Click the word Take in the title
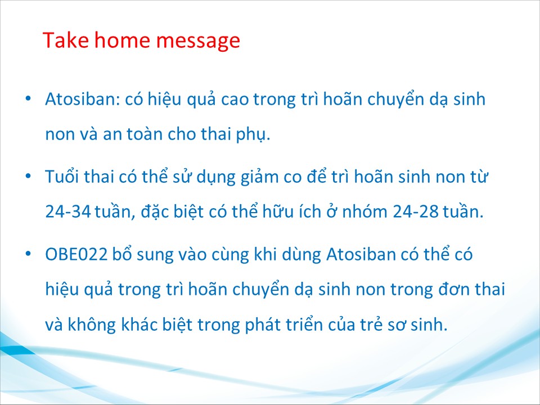coord(65,40)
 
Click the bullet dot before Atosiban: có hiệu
coord(28,98)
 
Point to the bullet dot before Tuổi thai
coord(28,176)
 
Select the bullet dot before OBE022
coord(28,254)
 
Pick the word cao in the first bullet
coord(235,100)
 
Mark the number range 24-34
coord(68,211)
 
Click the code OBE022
coord(76,254)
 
